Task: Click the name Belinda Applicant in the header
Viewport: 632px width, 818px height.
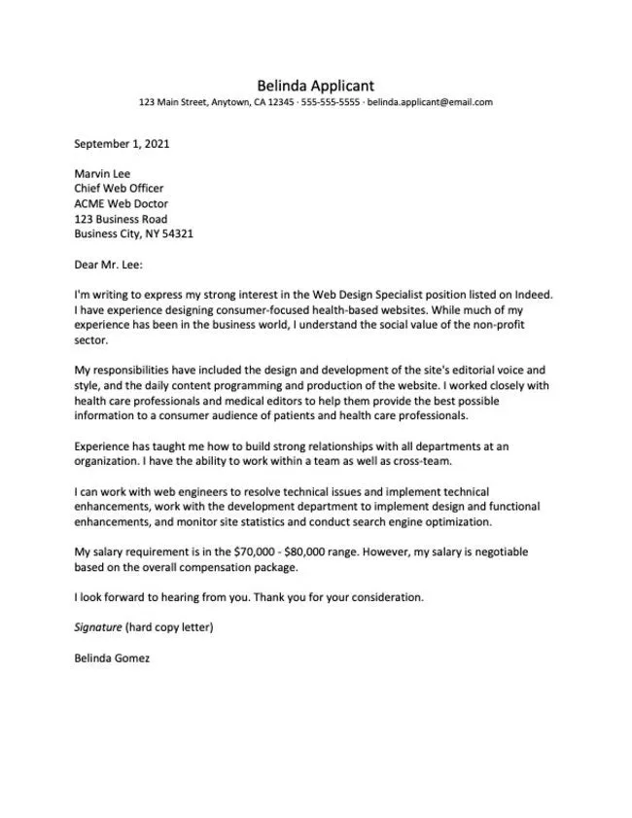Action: click(x=315, y=86)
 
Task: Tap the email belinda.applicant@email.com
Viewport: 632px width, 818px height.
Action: click(x=430, y=102)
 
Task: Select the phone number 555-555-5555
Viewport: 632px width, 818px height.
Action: click(x=332, y=102)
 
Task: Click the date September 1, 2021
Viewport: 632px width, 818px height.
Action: click(x=122, y=143)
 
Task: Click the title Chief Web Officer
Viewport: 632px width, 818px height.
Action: click(x=119, y=189)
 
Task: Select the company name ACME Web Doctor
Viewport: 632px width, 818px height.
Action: click(x=122, y=204)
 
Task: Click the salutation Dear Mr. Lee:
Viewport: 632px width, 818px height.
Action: click(x=109, y=264)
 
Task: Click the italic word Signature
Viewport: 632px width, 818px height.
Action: click(x=97, y=626)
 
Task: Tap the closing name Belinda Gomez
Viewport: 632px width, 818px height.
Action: click(x=112, y=658)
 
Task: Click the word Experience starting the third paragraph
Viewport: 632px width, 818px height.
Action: click(x=101, y=445)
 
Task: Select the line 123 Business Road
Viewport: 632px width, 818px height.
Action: click(x=121, y=219)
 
